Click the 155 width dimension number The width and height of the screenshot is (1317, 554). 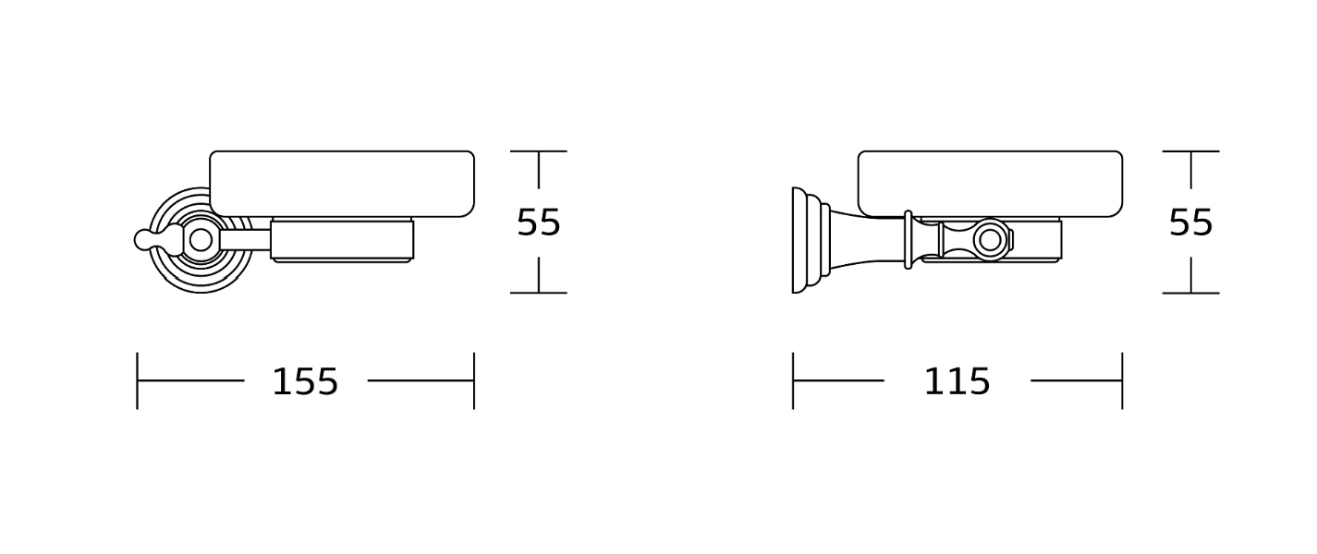[305, 382]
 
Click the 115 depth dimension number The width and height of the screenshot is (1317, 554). [957, 382]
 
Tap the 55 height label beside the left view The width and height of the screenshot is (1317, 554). [539, 223]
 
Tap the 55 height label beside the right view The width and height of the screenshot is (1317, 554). [1191, 223]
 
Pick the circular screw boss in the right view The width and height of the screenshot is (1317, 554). [990, 240]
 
